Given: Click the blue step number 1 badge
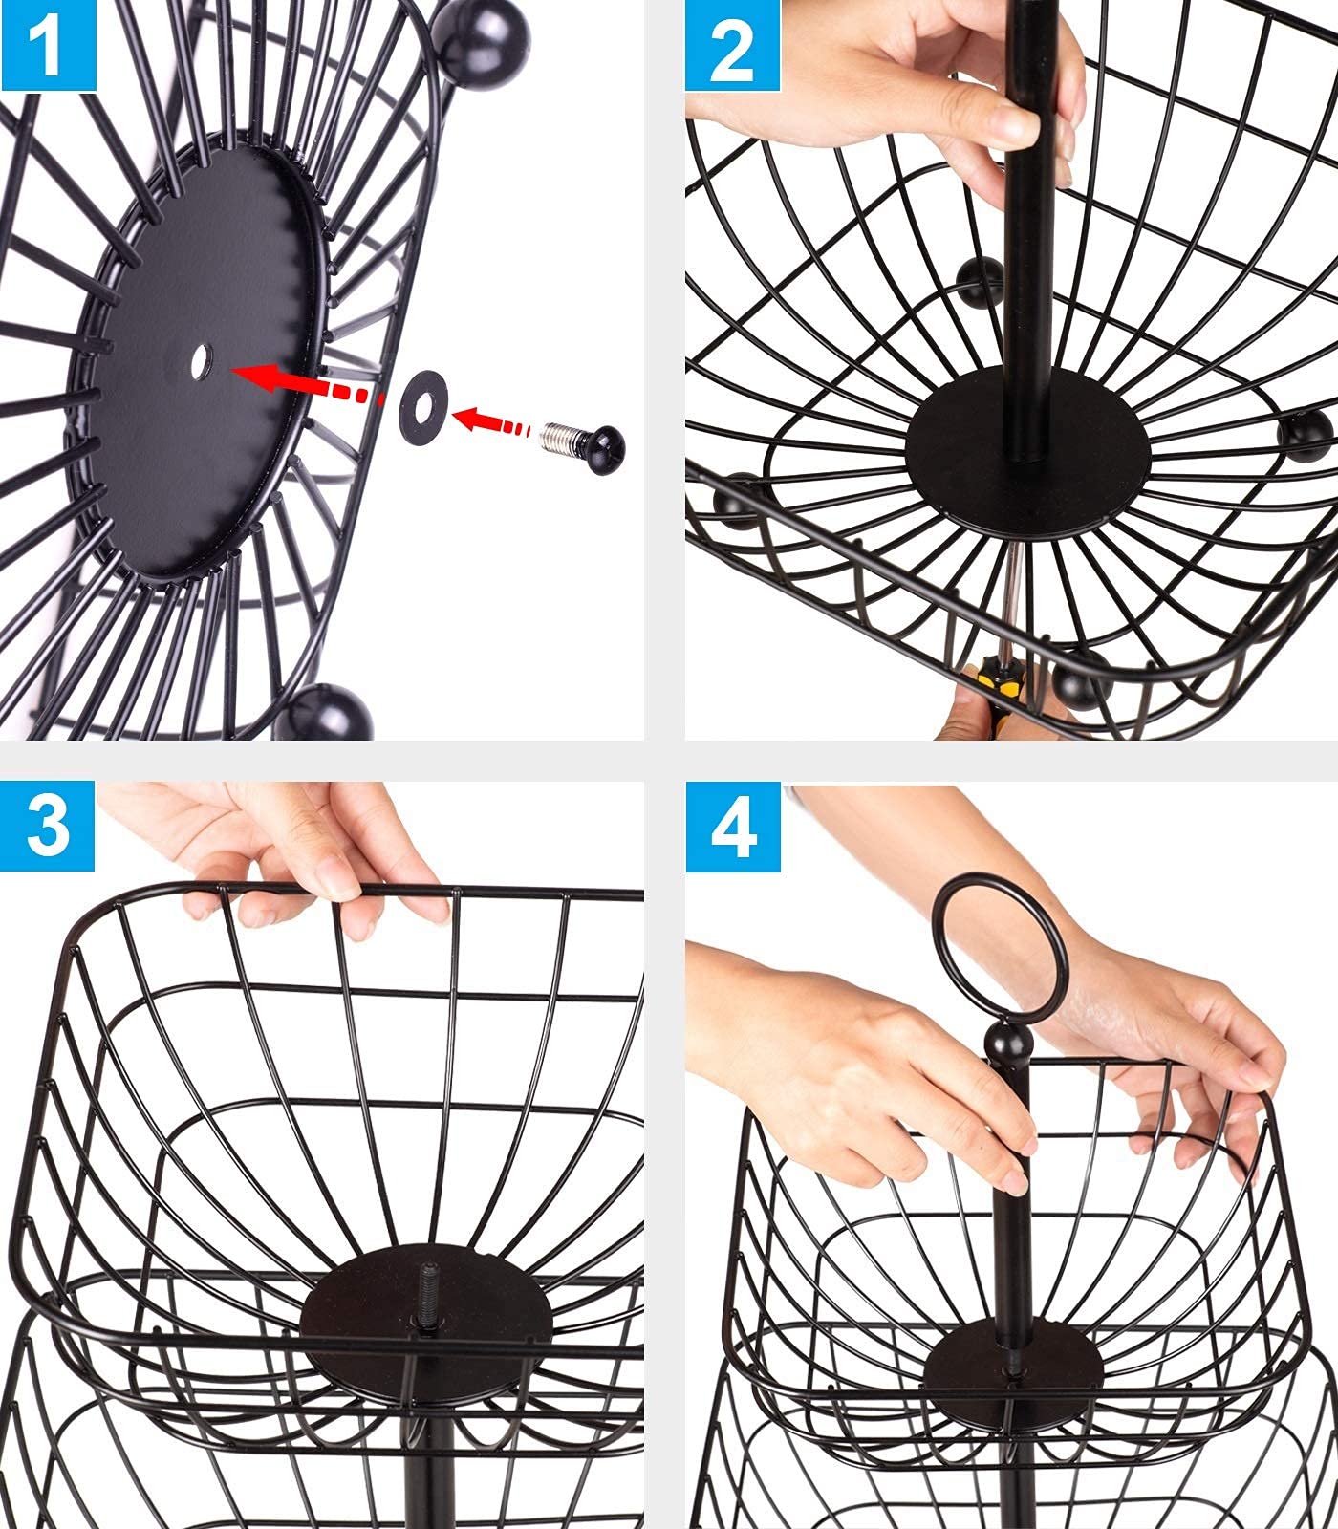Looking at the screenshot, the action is [x=48, y=45].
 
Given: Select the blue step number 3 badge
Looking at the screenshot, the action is [x=48, y=825].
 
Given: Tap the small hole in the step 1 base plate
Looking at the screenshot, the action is [x=200, y=361].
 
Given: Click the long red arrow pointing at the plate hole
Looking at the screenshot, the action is [x=306, y=382].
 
